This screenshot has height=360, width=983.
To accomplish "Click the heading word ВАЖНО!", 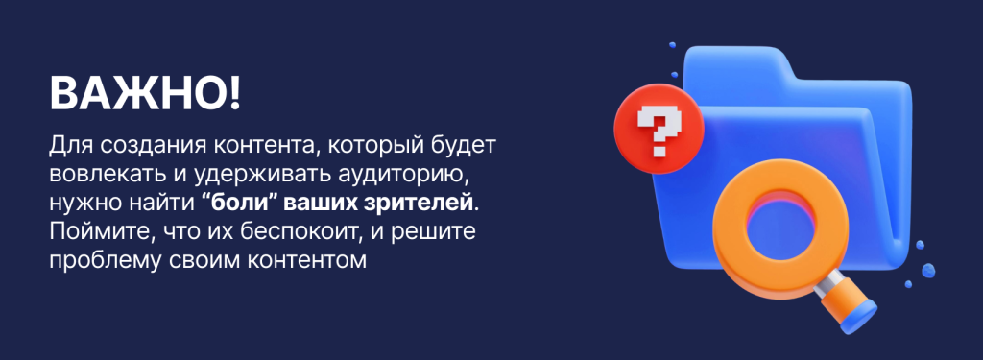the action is (145, 94).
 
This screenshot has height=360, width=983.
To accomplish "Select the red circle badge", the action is (659, 130).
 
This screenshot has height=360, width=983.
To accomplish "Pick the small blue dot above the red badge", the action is (673, 45).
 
